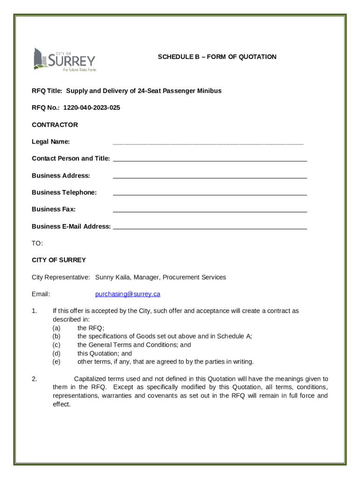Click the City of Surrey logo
64,59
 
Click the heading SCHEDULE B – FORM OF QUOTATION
217,57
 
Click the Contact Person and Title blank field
210,160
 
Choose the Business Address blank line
210,176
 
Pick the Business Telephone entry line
210,193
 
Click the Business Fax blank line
210,210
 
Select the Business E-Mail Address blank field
210,227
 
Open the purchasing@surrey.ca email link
128,294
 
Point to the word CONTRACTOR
55,125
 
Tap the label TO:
37,243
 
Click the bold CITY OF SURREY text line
59,260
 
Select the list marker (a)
56,328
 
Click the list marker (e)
56,362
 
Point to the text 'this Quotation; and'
105,354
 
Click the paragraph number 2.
35,379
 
